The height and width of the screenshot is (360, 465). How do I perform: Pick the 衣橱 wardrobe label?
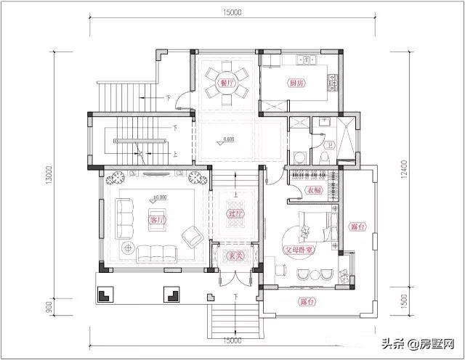tap(313, 190)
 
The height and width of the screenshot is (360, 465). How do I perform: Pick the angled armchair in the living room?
tap(193, 236)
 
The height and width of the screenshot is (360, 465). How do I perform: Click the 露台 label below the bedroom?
tap(305, 300)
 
